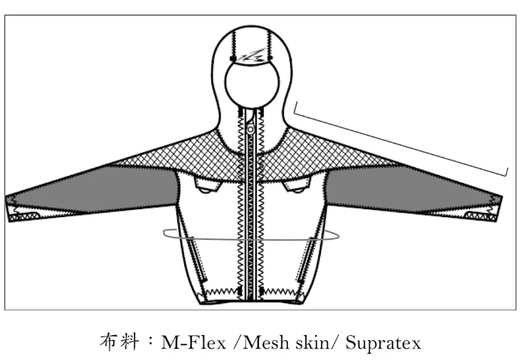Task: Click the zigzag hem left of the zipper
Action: point(220,292)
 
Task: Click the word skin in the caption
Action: point(310,342)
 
